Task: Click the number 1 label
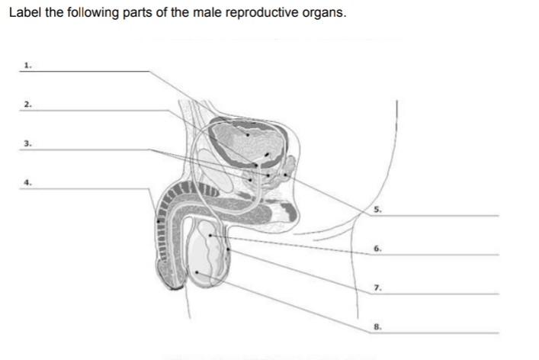coord(27,66)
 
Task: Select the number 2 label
coord(27,104)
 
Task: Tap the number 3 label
coord(27,143)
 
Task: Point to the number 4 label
coord(27,182)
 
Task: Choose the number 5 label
coord(377,209)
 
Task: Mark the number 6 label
coord(377,249)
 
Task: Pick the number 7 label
coord(377,288)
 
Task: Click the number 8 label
coord(377,326)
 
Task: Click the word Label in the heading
coord(25,13)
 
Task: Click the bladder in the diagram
coord(248,137)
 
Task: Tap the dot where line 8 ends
coord(197,272)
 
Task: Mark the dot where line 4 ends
coord(159,221)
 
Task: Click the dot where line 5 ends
coord(285,175)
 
